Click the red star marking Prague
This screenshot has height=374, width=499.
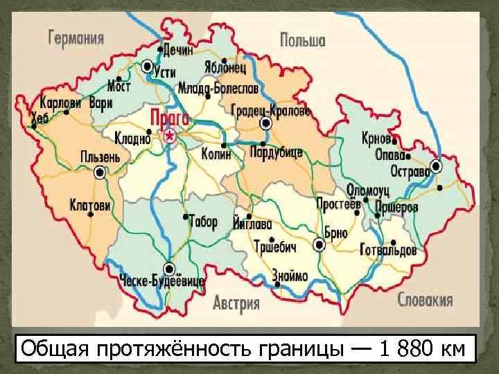pos(169,136)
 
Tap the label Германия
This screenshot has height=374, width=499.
pos(76,37)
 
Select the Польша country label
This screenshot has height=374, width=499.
pos(302,40)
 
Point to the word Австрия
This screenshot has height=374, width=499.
pos(236,303)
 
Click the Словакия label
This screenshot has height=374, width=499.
pos(425,300)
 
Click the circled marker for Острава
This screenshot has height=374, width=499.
pos(436,166)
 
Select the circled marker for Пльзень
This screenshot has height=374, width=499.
pos(100,172)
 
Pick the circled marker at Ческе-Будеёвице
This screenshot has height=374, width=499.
pos(169,269)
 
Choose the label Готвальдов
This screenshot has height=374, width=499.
pos(389,249)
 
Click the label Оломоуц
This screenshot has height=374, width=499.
pos(368,189)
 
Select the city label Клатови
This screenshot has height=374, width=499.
pos(90,205)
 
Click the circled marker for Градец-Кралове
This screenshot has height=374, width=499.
pos(265,123)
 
